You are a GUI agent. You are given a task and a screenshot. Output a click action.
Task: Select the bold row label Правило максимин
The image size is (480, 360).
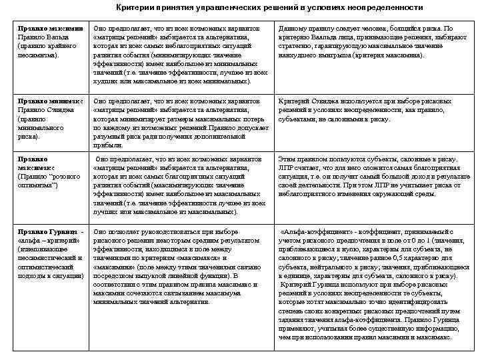[x=49, y=29]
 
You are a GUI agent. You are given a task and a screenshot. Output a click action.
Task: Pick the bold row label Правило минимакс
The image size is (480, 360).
[x=50, y=101]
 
